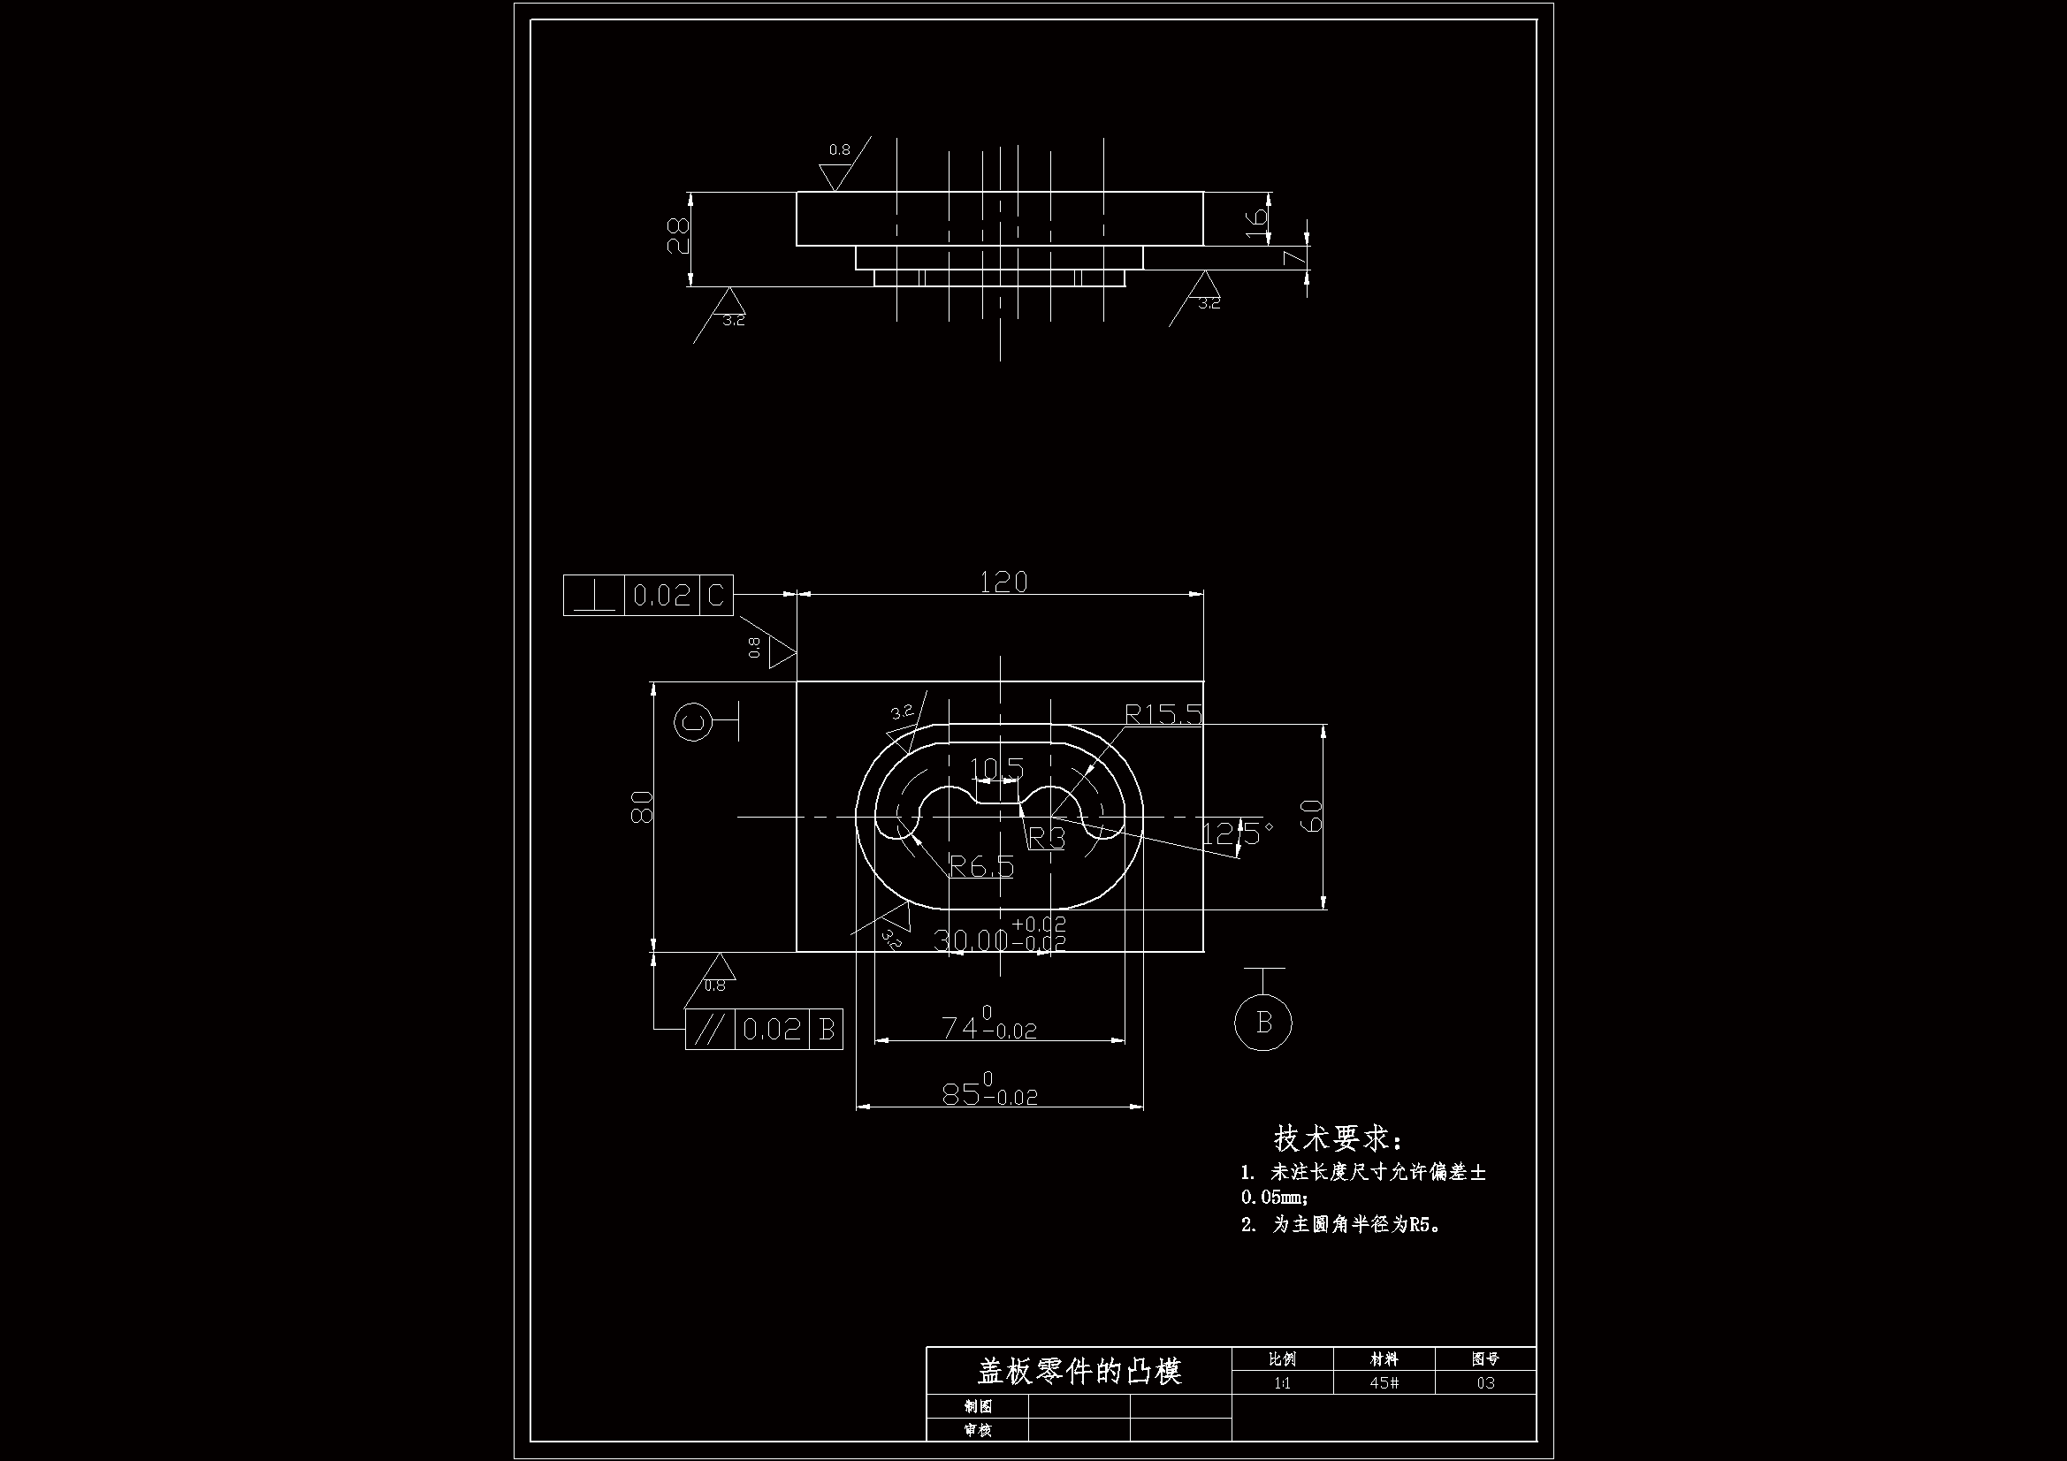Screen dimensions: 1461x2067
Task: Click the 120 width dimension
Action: (1003, 582)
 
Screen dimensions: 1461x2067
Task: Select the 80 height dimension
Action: (641, 807)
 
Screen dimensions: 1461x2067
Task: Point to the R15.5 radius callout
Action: (1163, 714)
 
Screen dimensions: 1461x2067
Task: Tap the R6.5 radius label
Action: (981, 867)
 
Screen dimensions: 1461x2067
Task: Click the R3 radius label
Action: (1046, 838)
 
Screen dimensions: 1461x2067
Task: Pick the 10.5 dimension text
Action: (996, 768)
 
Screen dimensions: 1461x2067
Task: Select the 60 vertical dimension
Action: (1312, 816)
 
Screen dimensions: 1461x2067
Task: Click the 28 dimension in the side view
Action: (678, 236)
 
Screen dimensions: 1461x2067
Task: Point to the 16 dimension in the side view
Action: (1257, 216)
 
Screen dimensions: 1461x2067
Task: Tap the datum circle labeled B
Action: (1263, 1023)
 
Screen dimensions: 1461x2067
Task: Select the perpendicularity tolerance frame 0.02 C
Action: (648, 595)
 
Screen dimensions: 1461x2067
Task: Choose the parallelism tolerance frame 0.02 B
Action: (764, 1029)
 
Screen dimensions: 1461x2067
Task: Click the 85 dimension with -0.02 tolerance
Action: (988, 1093)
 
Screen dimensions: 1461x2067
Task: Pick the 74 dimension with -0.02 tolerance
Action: (988, 1027)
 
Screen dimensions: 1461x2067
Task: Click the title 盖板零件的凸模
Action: (1079, 1371)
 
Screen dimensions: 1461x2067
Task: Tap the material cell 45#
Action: (1384, 1382)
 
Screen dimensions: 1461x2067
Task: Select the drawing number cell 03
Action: (1485, 1382)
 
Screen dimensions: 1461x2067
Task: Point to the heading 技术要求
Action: (1337, 1138)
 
